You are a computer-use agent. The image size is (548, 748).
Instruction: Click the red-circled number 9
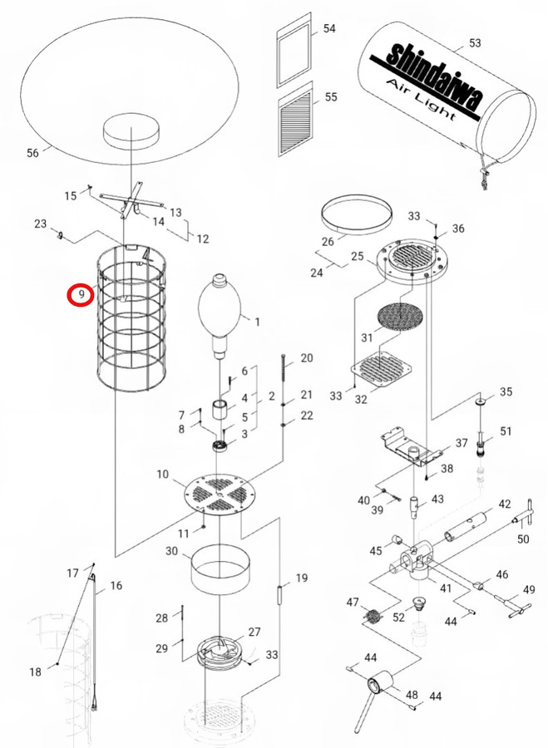point(80,294)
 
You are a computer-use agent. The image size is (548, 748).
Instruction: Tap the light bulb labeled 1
point(219,308)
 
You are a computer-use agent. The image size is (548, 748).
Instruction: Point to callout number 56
point(33,153)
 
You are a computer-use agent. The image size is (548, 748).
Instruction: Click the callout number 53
point(475,42)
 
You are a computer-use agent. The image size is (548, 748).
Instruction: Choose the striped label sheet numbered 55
point(296,123)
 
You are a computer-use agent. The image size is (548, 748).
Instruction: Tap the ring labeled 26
point(356,214)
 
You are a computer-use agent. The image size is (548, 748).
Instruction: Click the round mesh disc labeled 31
point(402,315)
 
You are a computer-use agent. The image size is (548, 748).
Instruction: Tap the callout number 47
point(352,602)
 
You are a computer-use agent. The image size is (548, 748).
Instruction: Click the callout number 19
point(301,577)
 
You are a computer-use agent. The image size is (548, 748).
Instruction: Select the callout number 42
point(505,504)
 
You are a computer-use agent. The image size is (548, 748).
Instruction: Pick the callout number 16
point(116,585)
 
